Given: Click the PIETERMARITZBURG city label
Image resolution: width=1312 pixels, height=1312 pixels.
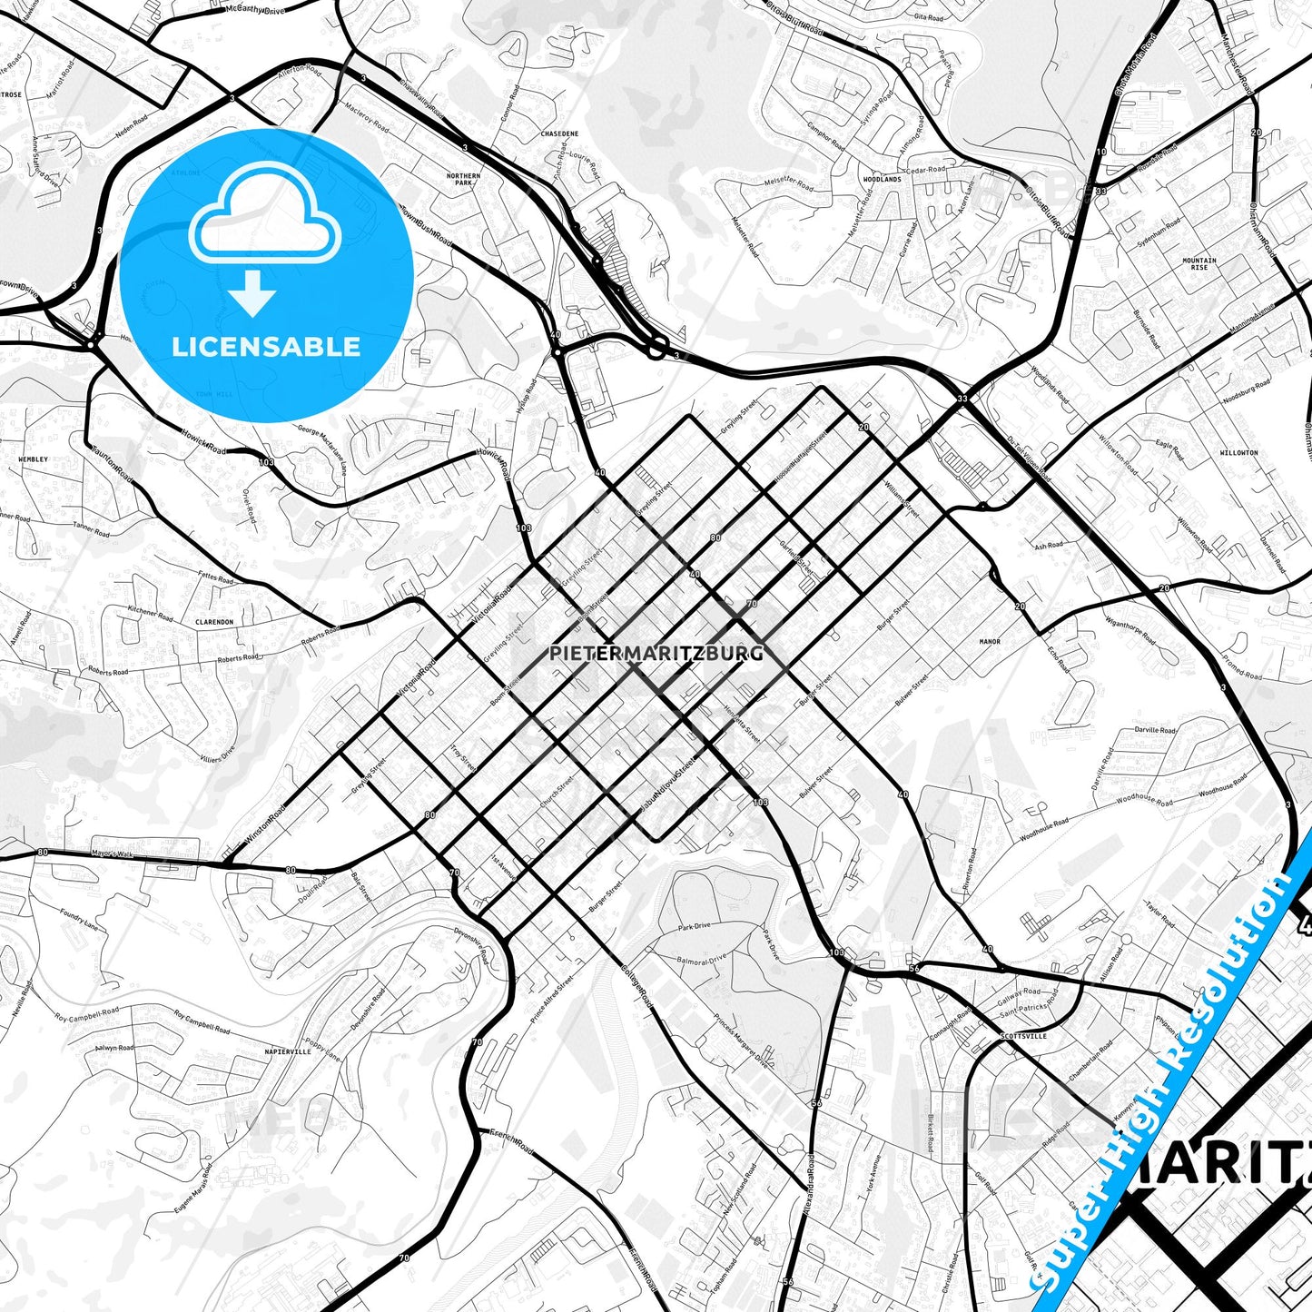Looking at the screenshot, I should tap(656, 653).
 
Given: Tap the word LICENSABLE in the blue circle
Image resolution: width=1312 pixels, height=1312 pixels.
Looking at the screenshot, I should tap(266, 346).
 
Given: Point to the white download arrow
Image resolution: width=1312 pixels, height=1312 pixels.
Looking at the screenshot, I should tap(252, 293).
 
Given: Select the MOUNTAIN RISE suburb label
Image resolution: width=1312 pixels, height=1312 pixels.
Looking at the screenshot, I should tap(1199, 263).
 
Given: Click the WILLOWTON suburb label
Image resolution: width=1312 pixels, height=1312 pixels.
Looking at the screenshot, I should tap(1238, 452).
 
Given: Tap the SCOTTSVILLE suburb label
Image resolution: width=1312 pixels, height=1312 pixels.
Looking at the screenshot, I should tap(1023, 1035).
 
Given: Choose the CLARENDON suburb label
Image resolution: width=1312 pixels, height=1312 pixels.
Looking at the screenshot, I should tap(214, 623).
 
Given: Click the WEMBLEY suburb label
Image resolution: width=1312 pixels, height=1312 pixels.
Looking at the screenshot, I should tap(34, 459).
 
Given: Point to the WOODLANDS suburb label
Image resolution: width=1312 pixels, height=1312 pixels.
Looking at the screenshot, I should tap(882, 180).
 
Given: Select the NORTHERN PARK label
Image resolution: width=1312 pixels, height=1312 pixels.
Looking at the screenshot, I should tap(463, 179).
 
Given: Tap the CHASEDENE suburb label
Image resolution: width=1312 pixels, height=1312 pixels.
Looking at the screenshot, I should tap(559, 133).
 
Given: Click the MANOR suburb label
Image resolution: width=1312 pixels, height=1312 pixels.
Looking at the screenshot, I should tap(990, 642).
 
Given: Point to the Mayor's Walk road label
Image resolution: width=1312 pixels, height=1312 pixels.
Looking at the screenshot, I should tap(112, 853).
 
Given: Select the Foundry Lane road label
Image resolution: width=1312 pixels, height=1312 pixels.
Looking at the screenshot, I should tap(79, 919).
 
